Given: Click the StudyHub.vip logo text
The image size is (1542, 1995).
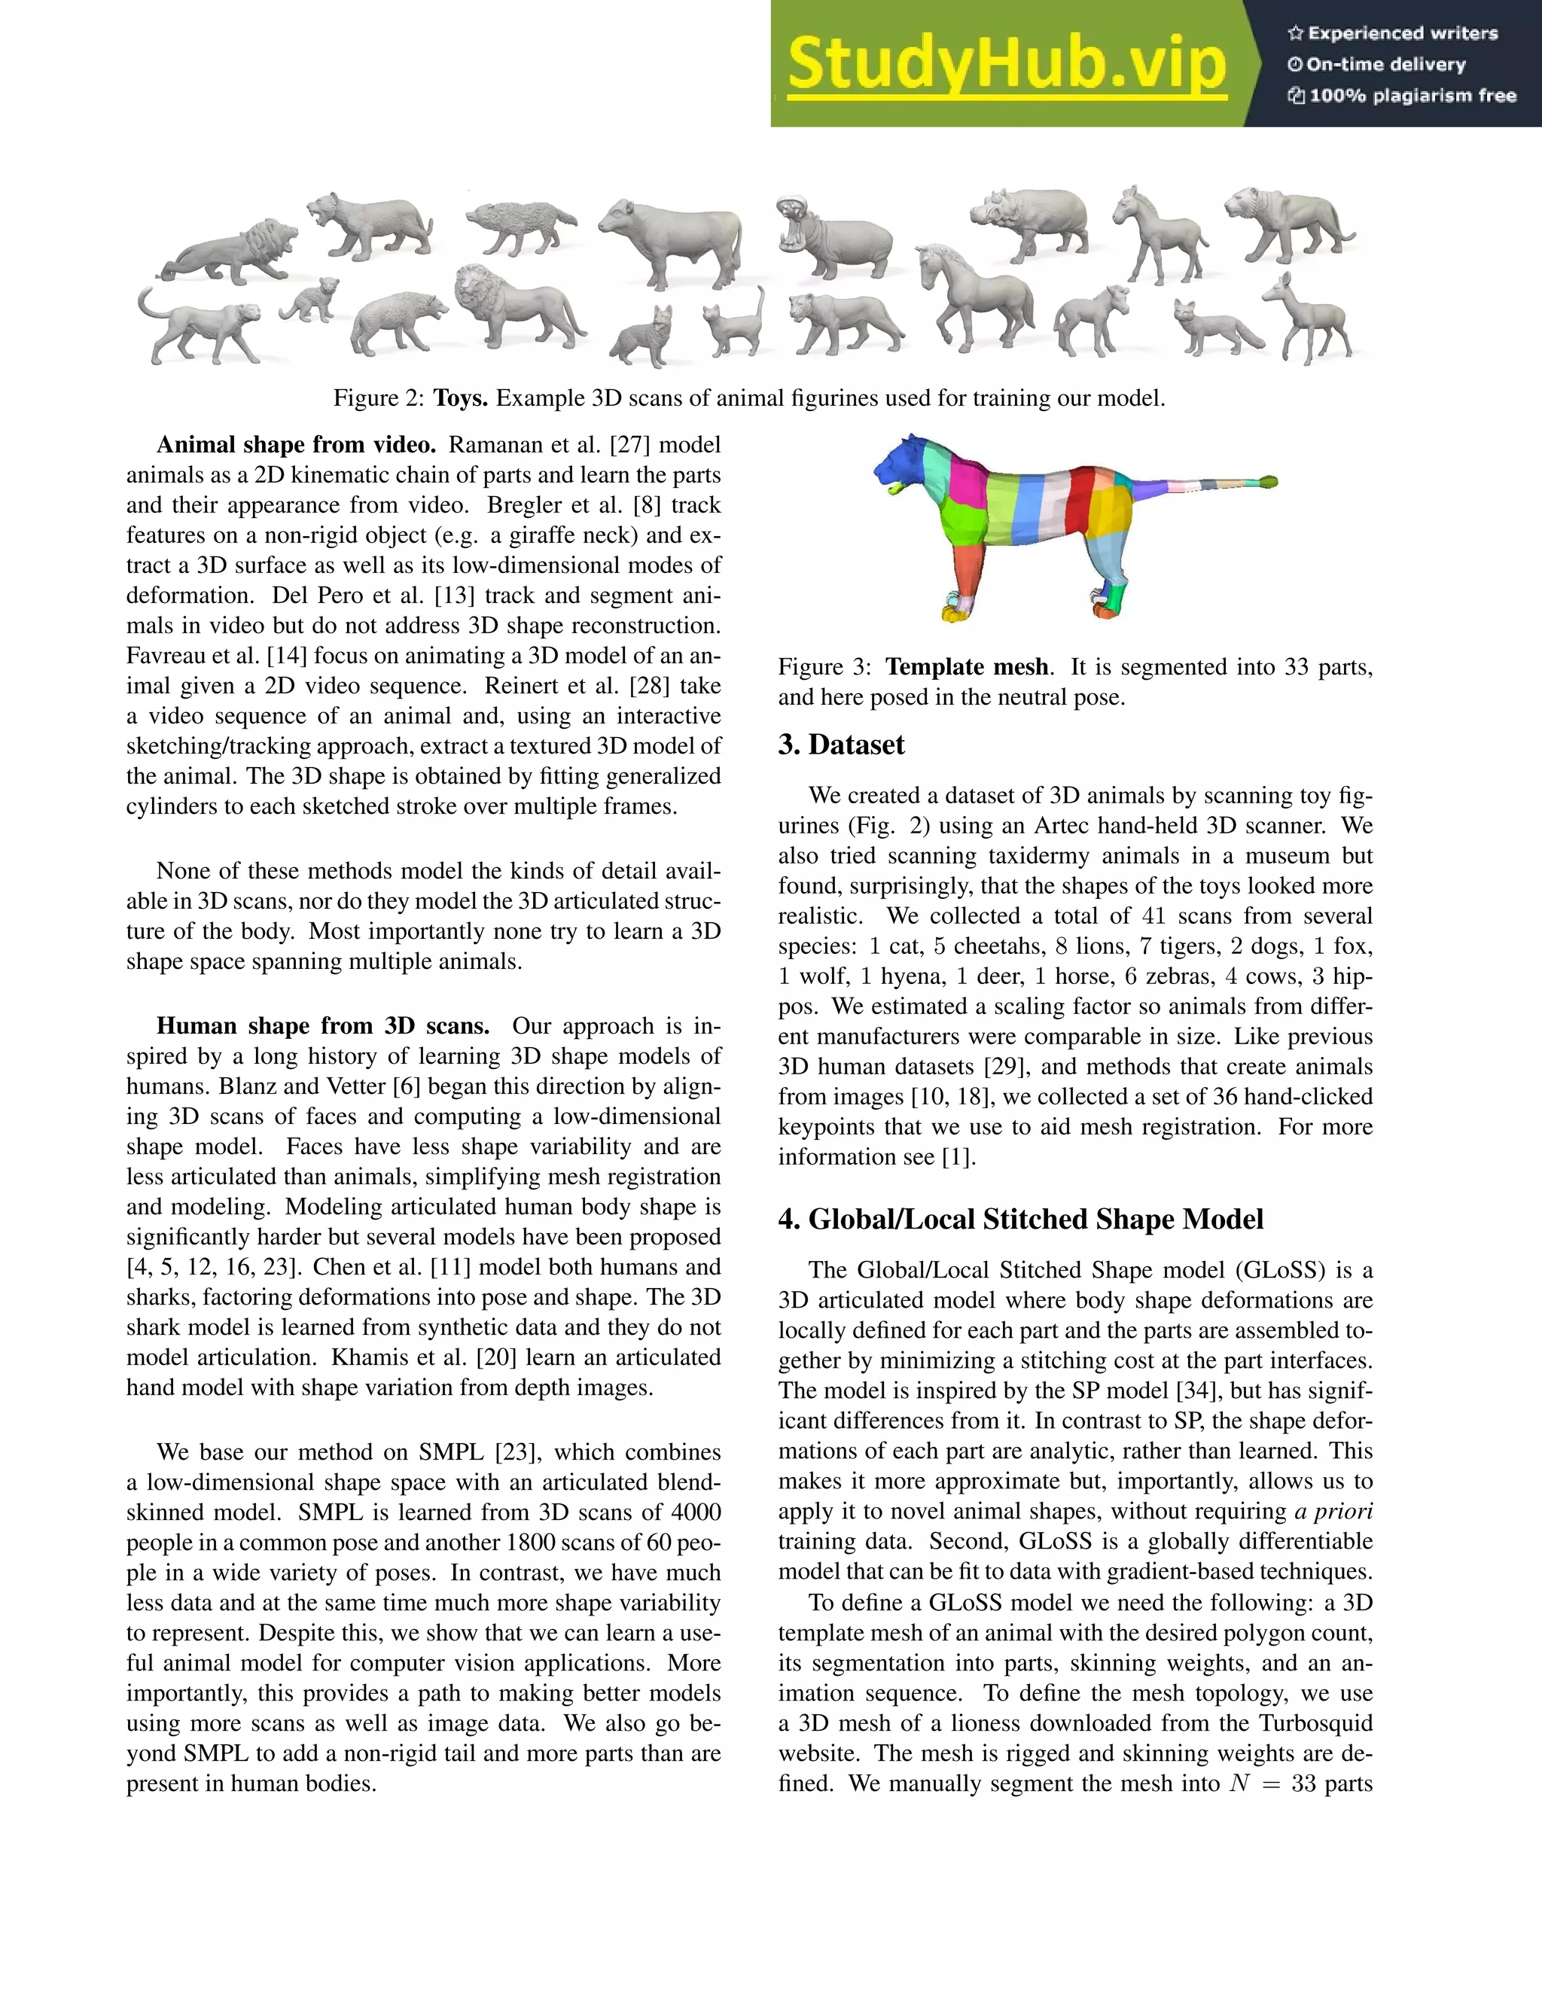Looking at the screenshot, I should pyautogui.click(x=1006, y=64).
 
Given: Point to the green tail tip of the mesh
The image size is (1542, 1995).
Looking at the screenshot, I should pyautogui.click(x=1268, y=480).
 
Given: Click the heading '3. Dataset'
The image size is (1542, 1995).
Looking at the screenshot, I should pyautogui.click(x=840, y=745).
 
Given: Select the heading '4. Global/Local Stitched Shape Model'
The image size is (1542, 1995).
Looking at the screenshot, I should pyautogui.click(x=1020, y=1219).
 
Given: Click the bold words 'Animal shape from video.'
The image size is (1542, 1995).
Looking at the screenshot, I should pyautogui.click(x=296, y=445).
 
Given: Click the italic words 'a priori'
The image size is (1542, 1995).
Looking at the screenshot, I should pyautogui.click(x=1333, y=1511).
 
